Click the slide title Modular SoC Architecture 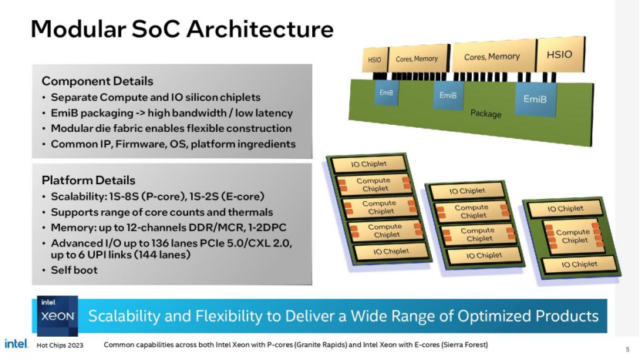click(182, 29)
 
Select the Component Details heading click(97, 81)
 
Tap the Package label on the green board click(486, 114)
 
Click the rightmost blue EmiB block click(534, 99)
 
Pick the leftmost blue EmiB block click(386, 94)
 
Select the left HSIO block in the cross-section click(374, 59)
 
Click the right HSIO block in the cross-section click(559, 55)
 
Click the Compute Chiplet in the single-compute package click(574, 236)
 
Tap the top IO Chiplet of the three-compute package click(365, 163)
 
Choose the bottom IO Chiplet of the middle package click(483, 255)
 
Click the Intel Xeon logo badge click(56, 315)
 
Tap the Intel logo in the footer click(17, 344)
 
